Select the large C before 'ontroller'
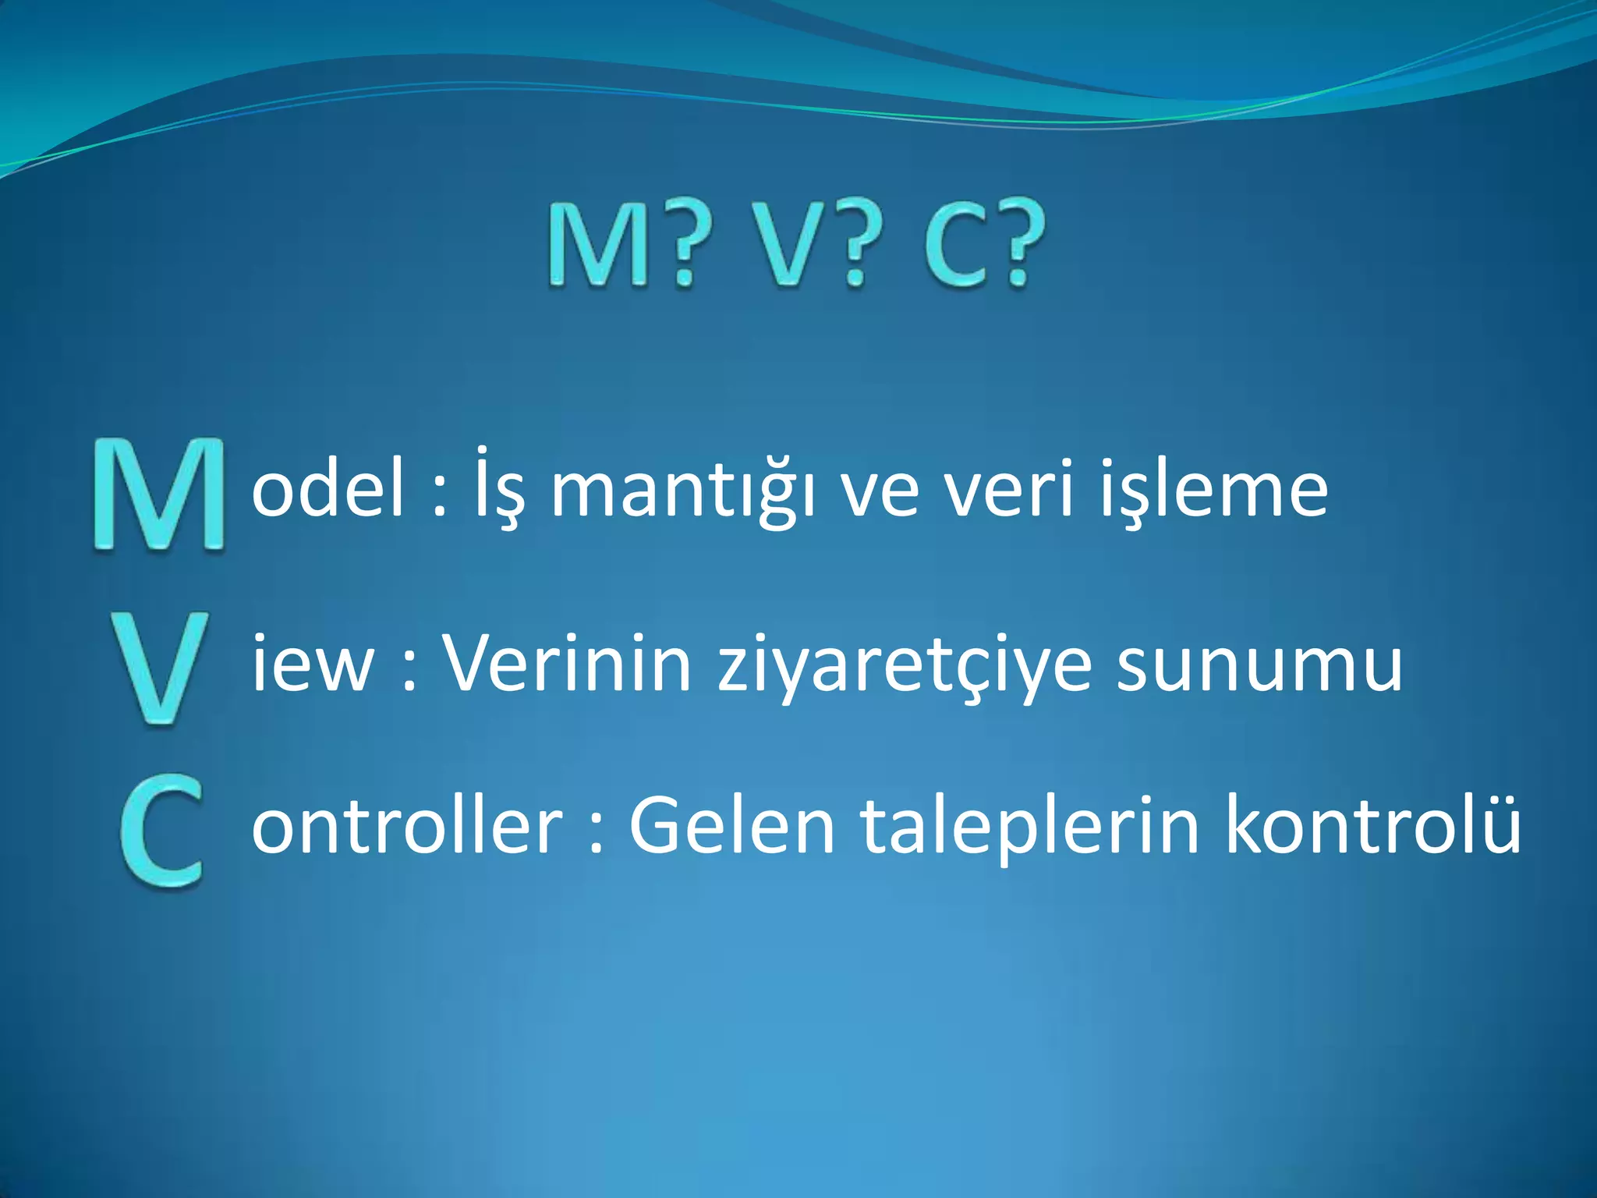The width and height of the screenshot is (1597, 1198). pos(162,831)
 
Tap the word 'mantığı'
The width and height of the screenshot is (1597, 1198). pos(682,491)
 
